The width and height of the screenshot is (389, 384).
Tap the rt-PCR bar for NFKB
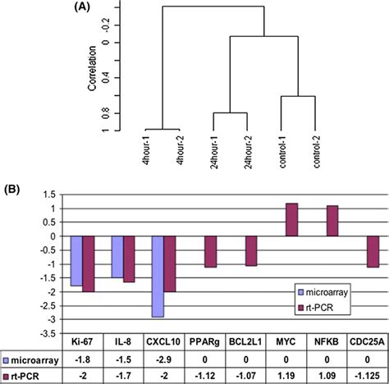332,222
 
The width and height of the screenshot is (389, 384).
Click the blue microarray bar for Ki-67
76,261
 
